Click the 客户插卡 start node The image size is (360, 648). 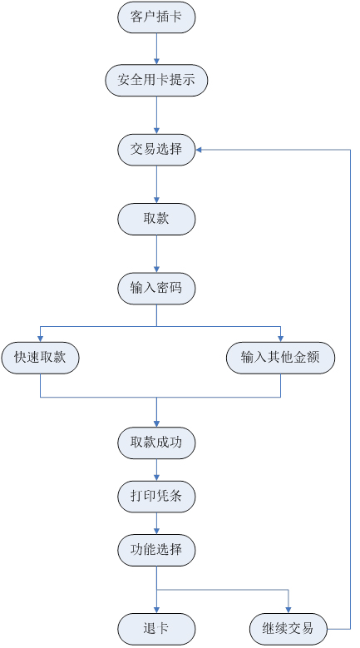(x=156, y=17)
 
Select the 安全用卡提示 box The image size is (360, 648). (x=156, y=80)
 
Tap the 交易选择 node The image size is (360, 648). (x=156, y=150)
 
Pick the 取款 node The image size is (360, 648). (x=156, y=219)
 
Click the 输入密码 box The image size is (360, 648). (x=156, y=289)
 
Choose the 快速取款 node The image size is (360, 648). (x=40, y=358)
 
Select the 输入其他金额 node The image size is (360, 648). (x=281, y=358)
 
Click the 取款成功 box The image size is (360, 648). (x=156, y=443)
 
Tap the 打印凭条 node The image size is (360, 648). (x=156, y=497)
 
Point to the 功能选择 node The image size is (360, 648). (x=156, y=550)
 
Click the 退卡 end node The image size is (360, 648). (x=156, y=629)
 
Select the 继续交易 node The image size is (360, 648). (x=288, y=629)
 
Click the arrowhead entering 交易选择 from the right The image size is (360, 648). (x=198, y=150)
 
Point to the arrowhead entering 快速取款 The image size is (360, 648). (x=40, y=339)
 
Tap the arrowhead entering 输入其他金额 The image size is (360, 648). (x=281, y=339)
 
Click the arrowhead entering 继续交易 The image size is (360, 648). (x=288, y=611)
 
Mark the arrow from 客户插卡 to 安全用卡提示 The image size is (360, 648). (x=156, y=49)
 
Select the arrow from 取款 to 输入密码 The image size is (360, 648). (x=156, y=254)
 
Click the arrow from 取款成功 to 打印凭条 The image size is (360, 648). (x=156, y=470)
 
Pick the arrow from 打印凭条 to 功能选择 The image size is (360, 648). (x=156, y=523)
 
